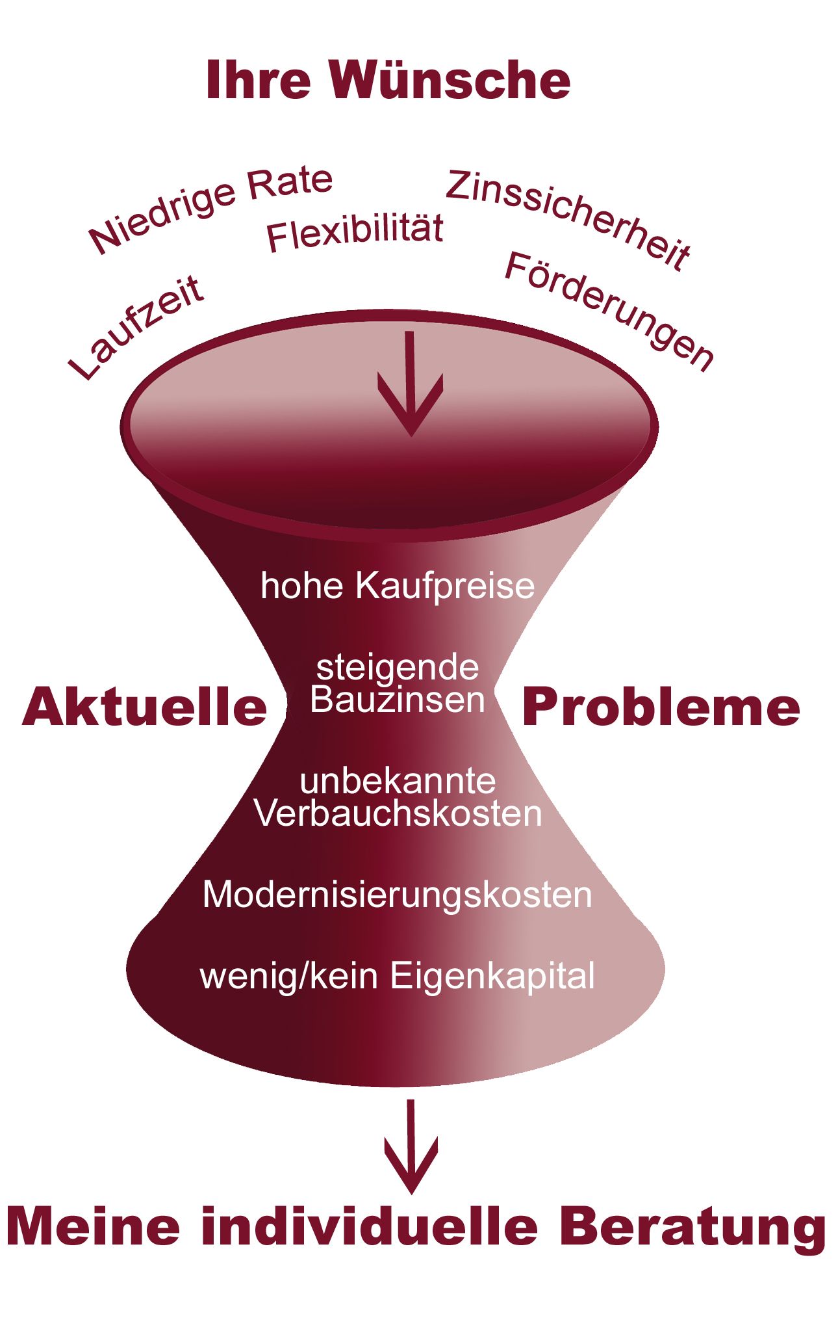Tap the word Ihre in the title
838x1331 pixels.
[258, 81]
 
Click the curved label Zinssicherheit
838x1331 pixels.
[568, 218]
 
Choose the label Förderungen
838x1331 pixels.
[609, 311]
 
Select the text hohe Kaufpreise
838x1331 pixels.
[398, 585]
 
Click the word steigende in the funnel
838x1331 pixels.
[398, 668]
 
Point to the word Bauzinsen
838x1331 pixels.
[398, 700]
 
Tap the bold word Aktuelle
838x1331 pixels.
[144, 707]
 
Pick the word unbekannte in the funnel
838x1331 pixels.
[398, 781]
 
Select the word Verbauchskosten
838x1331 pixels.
[398, 813]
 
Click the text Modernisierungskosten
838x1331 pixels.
[398, 895]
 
